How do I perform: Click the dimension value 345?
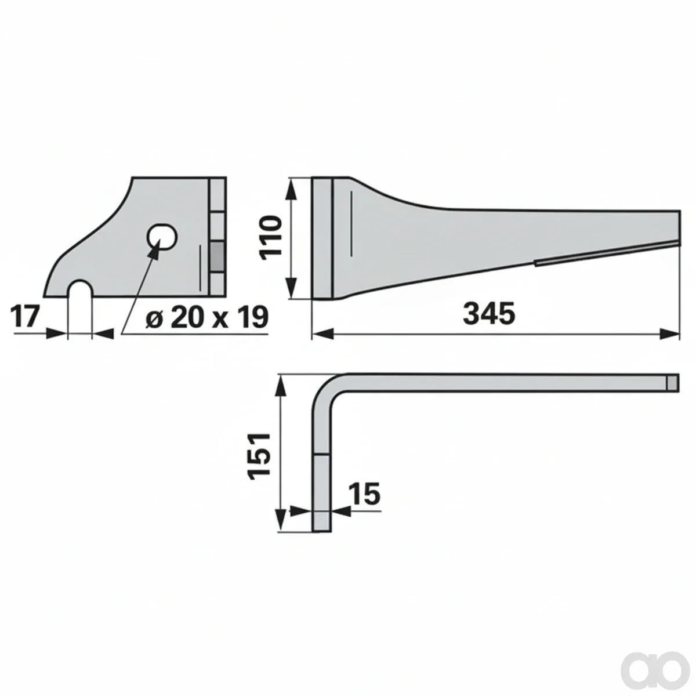489,314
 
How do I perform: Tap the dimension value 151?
260,456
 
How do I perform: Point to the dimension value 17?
26,316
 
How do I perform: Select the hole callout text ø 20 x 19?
207,317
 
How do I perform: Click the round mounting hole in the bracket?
162,237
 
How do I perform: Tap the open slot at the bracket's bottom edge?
80,289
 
